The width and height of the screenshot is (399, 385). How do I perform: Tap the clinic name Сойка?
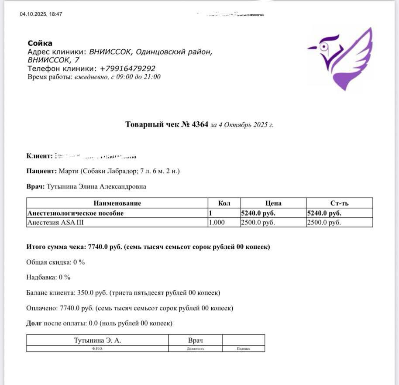tap(40, 43)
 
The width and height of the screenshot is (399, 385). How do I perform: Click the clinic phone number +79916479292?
tap(127, 69)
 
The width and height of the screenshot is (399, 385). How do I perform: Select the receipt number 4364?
tap(200, 124)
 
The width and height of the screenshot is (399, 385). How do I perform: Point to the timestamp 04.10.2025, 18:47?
tap(41, 14)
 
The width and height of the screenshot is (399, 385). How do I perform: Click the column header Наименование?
tap(117, 203)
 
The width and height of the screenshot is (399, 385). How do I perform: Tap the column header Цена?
tap(273, 203)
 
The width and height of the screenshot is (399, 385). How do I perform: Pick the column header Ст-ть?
tap(339, 203)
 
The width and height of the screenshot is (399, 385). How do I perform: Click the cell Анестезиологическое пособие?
tap(76, 213)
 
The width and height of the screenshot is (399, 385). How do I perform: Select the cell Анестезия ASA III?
tap(55, 223)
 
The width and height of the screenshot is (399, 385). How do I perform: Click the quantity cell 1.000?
tap(217, 223)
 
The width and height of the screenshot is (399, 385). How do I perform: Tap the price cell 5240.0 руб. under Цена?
tap(258, 213)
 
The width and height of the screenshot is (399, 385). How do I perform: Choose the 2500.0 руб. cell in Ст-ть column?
tap(324, 223)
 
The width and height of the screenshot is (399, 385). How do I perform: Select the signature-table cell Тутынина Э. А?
tap(97, 340)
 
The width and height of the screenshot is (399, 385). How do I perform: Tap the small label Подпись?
tap(243, 349)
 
